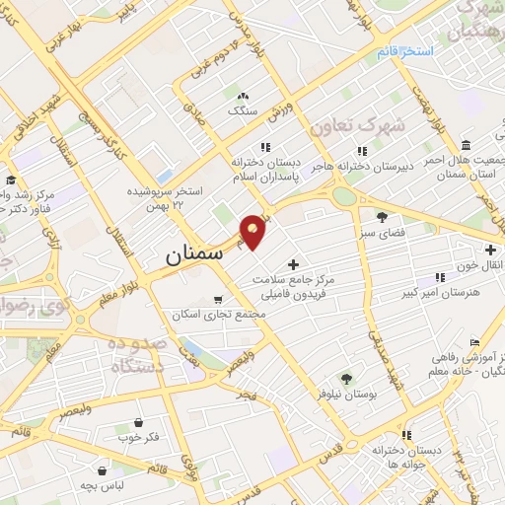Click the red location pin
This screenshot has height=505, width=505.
(x=253, y=231)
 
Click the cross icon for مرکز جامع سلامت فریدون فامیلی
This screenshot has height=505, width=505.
(x=293, y=265)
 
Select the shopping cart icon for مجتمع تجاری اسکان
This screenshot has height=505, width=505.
(x=218, y=298)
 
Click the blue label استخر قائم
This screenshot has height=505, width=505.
(x=405, y=50)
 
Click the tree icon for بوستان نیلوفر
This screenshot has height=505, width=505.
(x=346, y=378)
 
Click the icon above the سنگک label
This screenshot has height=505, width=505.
(x=243, y=95)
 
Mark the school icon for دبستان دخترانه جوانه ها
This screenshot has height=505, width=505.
(x=378, y=448)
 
